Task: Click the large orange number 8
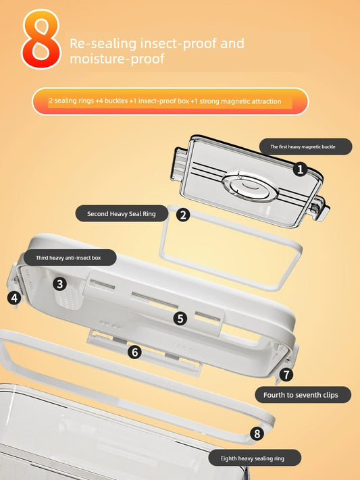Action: (41, 39)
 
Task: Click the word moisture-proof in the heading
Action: (118, 59)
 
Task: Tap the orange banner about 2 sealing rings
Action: (170, 101)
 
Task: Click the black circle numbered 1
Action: (300, 169)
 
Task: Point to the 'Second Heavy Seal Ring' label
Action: (122, 214)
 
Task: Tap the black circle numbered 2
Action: (183, 215)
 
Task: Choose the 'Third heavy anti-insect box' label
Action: (70, 258)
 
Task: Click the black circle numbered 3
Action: (59, 284)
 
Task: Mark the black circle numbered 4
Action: (14, 298)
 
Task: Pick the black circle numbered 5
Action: (180, 319)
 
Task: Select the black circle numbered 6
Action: (135, 352)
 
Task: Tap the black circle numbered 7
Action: (286, 375)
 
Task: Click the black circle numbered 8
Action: (257, 433)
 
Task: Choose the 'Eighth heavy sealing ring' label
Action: (255, 458)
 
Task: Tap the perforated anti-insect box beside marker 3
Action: (69, 294)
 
